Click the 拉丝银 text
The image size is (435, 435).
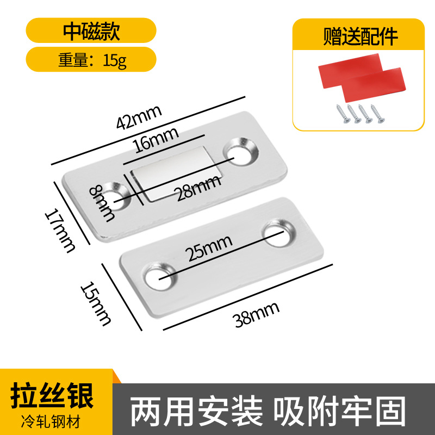(53, 394)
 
